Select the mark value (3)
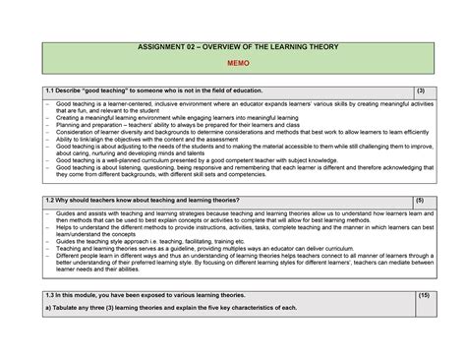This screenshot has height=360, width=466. click(421, 90)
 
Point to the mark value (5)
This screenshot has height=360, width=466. click(420, 201)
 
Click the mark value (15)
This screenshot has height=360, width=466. click(424, 295)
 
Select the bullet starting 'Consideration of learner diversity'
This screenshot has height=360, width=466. click(197, 132)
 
